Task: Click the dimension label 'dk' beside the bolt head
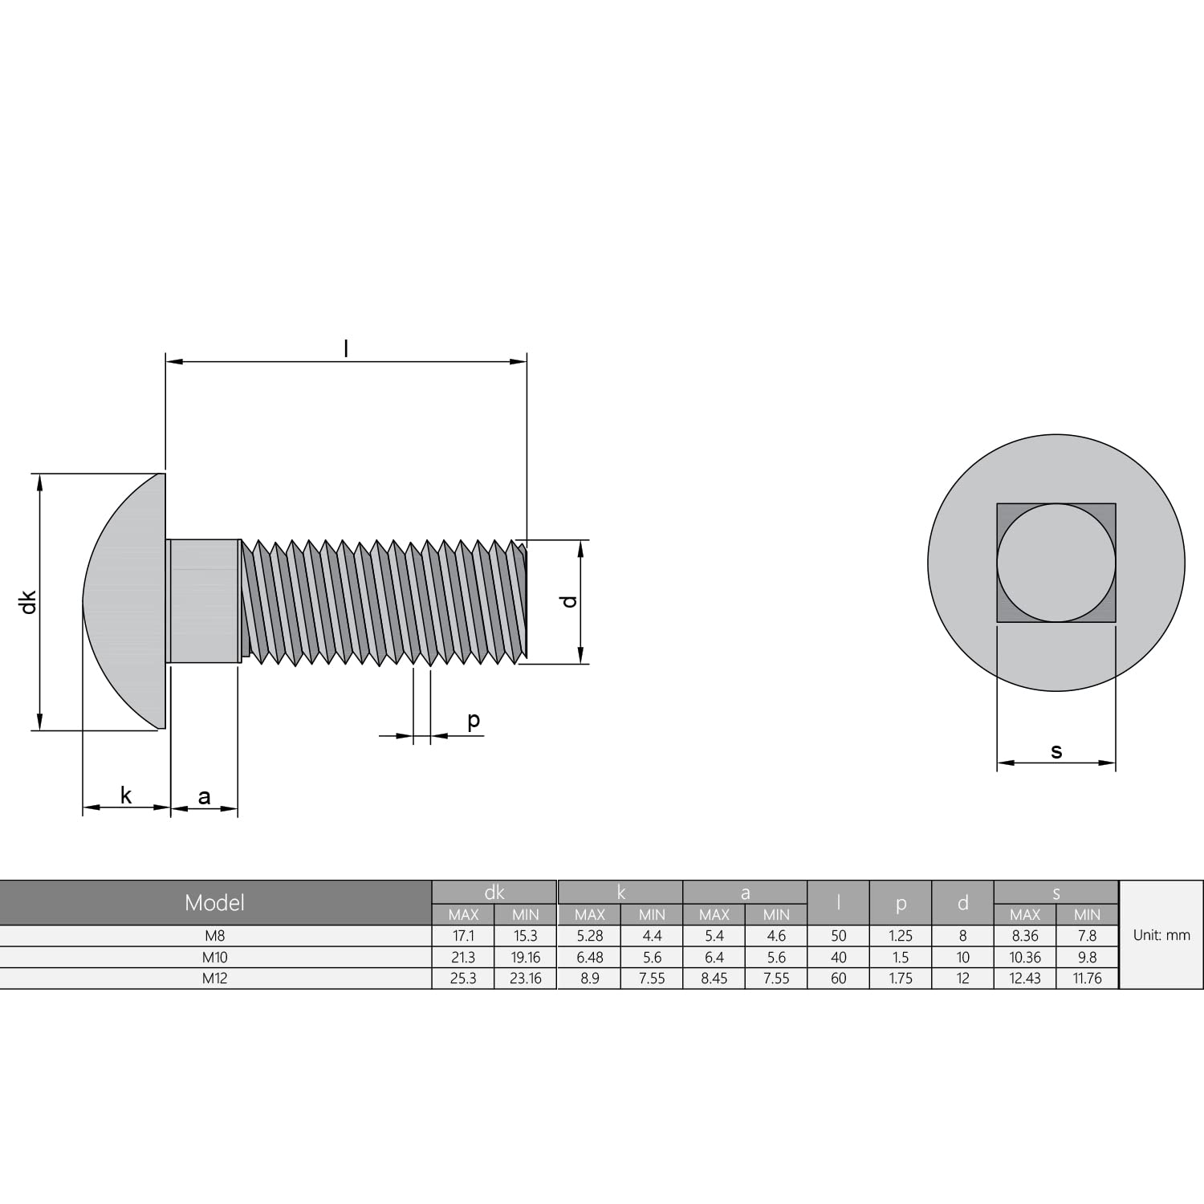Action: point(29,602)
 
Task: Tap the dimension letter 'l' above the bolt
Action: point(346,348)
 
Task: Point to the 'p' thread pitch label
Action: point(474,721)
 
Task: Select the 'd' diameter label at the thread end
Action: point(569,601)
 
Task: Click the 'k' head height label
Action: point(126,795)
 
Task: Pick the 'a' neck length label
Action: point(204,796)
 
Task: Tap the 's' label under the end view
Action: point(1056,751)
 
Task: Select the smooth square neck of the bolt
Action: point(204,601)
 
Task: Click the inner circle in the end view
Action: point(1056,563)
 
